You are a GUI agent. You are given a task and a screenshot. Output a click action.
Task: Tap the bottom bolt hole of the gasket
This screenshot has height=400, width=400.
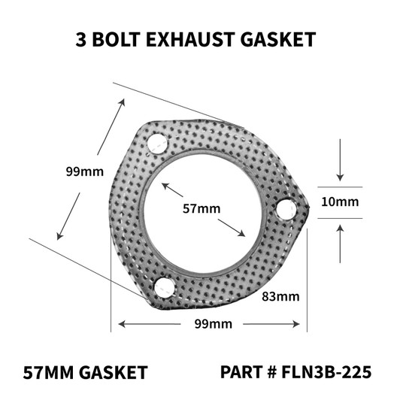[163, 287]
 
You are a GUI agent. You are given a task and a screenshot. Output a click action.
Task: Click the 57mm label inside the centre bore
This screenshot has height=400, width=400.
[198, 209]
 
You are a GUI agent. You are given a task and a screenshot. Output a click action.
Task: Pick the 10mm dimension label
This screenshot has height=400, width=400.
[340, 202]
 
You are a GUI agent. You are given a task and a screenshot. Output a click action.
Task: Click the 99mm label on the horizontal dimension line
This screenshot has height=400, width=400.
[211, 324]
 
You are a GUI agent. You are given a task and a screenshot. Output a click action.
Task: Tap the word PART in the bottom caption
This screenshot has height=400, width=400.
[241, 371]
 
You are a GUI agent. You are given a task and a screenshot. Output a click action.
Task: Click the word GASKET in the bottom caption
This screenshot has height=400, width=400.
[113, 371]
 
